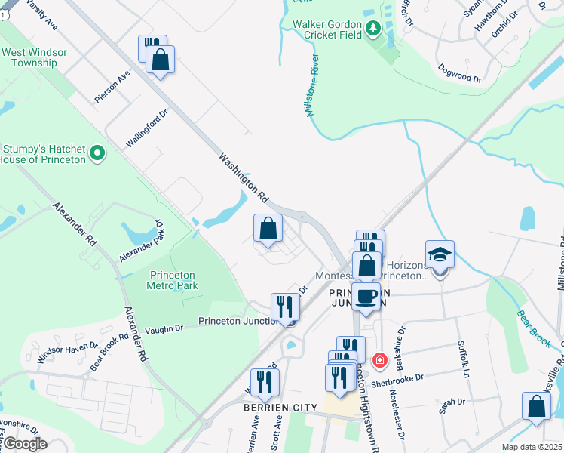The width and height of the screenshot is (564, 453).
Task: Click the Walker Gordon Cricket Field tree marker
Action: [372, 29]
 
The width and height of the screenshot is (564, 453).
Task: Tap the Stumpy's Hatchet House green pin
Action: [97, 154]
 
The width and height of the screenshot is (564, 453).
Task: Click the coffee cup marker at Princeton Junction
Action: [366, 296]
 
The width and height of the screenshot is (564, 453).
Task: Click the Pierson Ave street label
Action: [112, 86]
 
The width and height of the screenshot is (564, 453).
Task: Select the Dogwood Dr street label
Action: [460, 74]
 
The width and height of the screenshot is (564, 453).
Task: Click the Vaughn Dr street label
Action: [164, 328]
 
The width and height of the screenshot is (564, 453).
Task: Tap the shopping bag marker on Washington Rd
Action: [268, 227]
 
